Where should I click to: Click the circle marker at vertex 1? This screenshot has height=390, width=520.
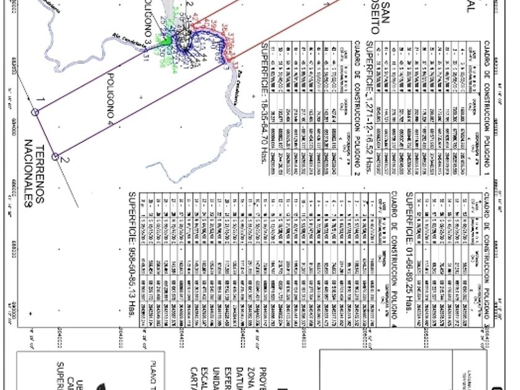coord(35,112)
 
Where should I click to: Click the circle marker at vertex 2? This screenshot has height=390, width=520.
coord(56,157)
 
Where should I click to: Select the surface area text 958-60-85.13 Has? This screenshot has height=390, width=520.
coord(131,254)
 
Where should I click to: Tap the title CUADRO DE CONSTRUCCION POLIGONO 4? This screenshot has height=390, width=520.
coord(395,255)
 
